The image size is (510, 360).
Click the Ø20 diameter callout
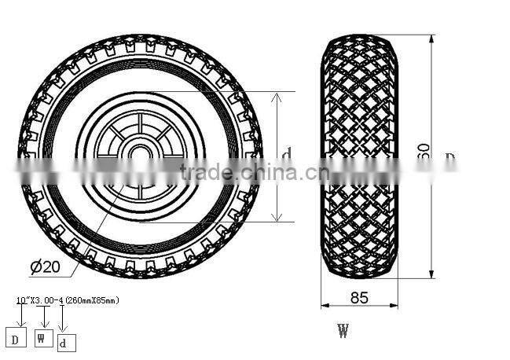pos(46,266)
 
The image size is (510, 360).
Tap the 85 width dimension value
pos(360,298)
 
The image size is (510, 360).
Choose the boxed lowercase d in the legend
pos(67,343)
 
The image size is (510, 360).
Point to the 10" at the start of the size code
pos(20,300)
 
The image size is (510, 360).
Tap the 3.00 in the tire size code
pos(42,300)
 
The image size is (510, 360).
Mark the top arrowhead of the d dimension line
pos(276,96)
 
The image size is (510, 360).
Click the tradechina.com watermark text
pos(234,171)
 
